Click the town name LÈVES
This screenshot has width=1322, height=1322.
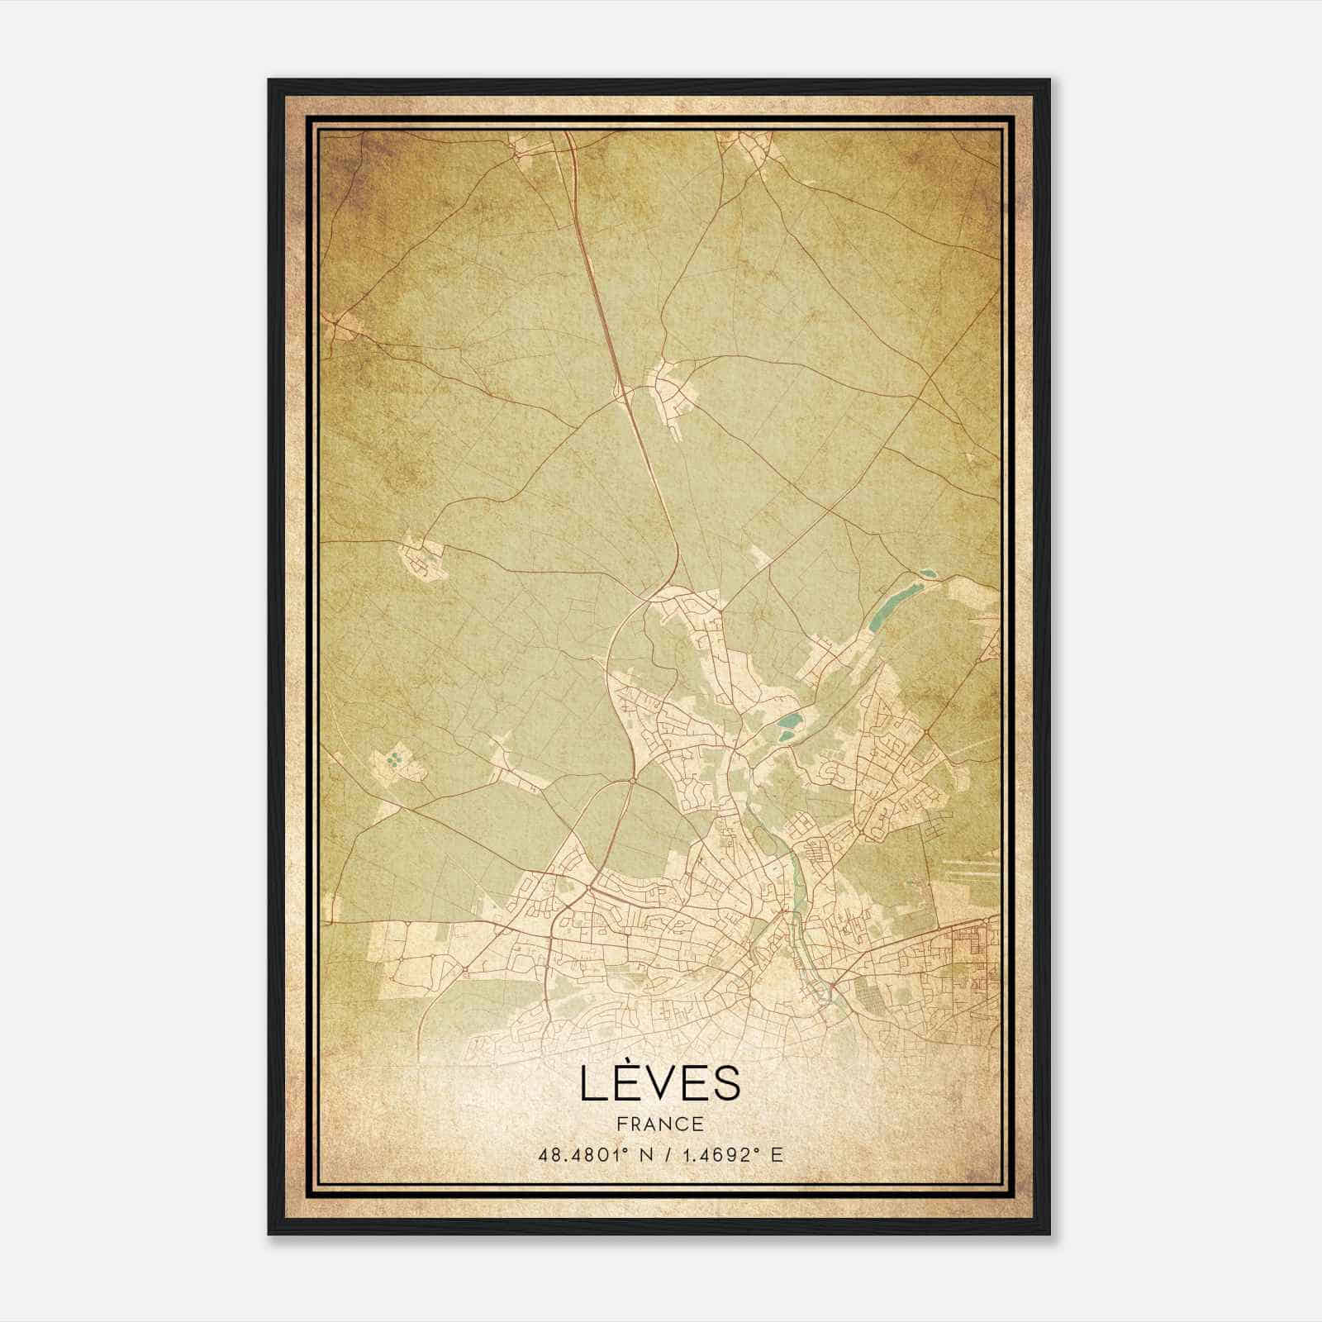[659, 1084]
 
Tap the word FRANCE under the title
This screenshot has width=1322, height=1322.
[659, 1124]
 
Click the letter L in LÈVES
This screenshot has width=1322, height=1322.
[592, 1085]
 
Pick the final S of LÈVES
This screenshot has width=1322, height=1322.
[726, 1085]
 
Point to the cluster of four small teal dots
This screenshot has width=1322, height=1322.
[395, 758]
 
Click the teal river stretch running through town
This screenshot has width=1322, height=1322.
[797, 884]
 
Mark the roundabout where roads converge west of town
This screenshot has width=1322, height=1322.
[632, 779]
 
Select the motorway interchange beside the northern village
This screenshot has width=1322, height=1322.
[621, 395]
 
